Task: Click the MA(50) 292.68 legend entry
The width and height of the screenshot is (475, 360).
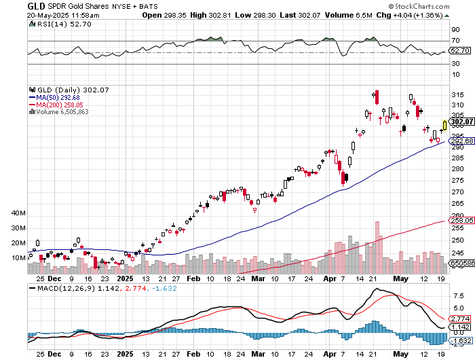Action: coord(56,97)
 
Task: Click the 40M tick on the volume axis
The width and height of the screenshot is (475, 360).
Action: coord(18,213)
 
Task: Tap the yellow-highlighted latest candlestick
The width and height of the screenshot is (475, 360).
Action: coord(444,124)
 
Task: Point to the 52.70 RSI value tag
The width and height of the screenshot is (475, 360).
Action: coord(461,50)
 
